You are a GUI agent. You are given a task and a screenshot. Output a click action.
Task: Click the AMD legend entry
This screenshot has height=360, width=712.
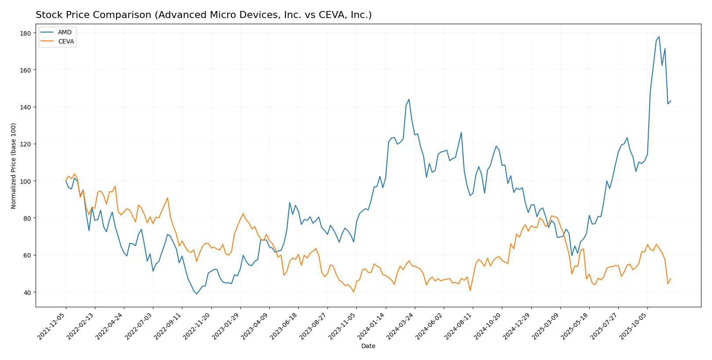coord(64,33)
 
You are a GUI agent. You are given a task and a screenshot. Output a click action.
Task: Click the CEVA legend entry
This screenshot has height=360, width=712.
coord(66,42)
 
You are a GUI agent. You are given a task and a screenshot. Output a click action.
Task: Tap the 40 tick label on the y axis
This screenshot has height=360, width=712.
coord(27,292)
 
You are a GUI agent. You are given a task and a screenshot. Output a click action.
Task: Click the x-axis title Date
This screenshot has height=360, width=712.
coord(368,346)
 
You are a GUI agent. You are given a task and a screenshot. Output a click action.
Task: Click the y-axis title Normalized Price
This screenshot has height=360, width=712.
coord(14,166)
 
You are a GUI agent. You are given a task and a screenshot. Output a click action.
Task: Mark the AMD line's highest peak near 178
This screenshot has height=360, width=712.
coord(659,36)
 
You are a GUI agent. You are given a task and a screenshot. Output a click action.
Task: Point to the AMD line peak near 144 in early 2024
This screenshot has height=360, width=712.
coord(409,99)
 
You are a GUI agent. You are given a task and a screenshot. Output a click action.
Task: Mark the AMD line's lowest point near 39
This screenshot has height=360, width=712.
coord(196,294)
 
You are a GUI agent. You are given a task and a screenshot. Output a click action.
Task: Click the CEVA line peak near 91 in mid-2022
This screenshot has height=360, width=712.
coord(167,198)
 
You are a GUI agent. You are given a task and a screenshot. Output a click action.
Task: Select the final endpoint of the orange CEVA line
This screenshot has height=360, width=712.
coord(671,278)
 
